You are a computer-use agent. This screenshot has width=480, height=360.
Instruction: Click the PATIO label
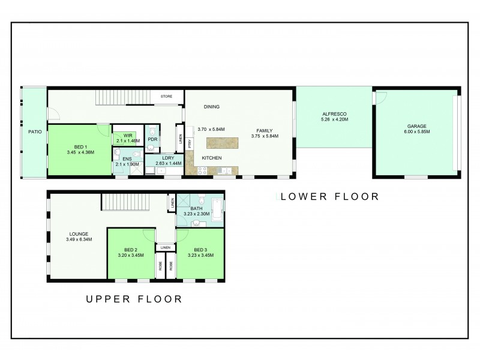pyautogui.click(x=35, y=131)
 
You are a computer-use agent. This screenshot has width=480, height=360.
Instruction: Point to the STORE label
pyautogui.click(x=166, y=96)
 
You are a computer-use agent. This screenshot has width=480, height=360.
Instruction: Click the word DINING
pyautogui.click(x=211, y=107)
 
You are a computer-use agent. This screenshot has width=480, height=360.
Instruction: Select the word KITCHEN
pyautogui.click(x=212, y=158)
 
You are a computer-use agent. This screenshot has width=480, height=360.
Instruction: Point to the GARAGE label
pyautogui.click(x=416, y=126)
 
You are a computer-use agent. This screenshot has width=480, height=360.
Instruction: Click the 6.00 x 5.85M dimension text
pyautogui.click(x=416, y=131)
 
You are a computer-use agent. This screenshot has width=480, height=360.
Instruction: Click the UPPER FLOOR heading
pyautogui.click(x=134, y=298)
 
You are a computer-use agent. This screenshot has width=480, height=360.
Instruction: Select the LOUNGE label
pyautogui.click(x=79, y=234)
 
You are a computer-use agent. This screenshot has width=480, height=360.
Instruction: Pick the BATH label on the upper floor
pyautogui.click(x=197, y=208)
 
